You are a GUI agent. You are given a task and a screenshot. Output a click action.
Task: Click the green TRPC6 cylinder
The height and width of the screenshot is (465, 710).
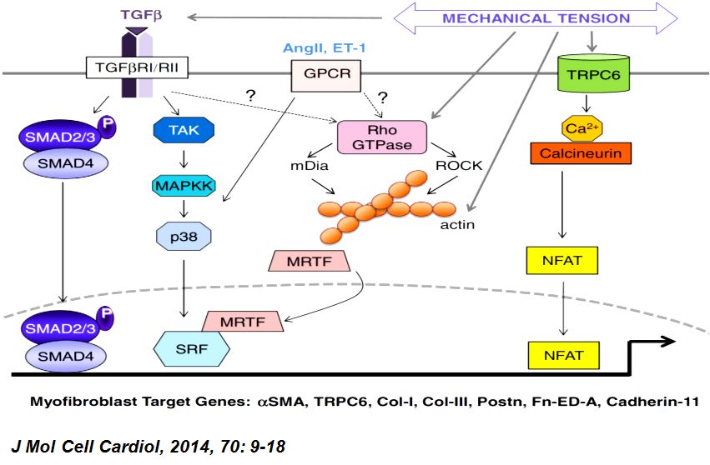pos(591,74)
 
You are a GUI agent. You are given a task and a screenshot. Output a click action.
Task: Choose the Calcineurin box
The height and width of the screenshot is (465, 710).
pos(592,153)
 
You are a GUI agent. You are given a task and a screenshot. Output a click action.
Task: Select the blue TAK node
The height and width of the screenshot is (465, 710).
pos(184,130)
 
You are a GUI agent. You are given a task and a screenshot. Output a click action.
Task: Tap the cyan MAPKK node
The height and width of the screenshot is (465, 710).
pos(185,183)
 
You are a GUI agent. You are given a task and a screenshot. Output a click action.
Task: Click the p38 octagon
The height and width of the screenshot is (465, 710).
pos(185,237)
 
